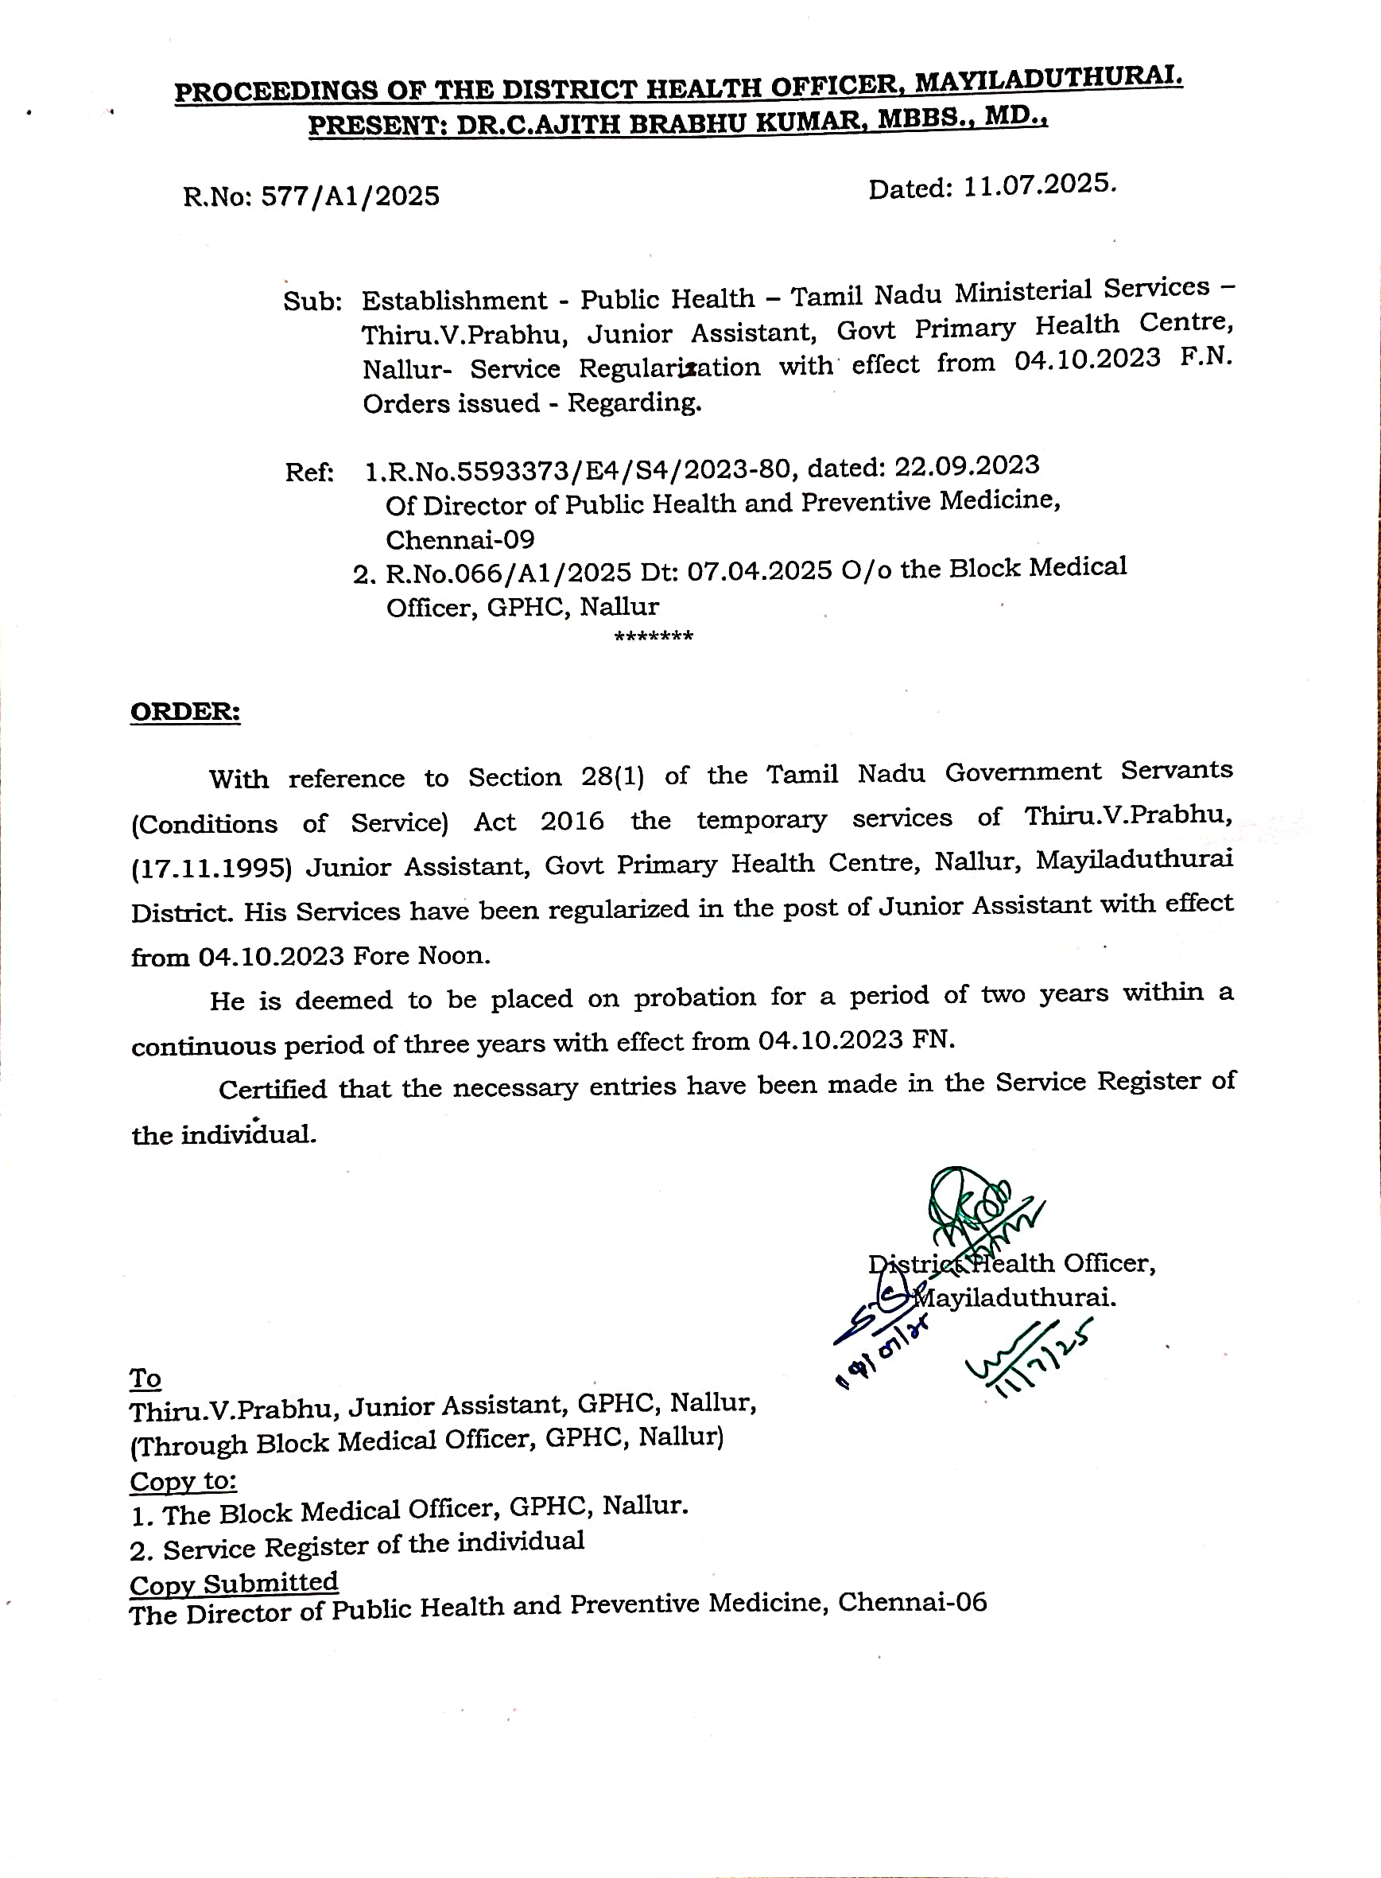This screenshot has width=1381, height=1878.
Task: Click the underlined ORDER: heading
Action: [x=185, y=712]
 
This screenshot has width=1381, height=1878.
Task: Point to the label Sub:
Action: [x=312, y=301]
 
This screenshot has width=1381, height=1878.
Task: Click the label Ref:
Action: [x=309, y=472]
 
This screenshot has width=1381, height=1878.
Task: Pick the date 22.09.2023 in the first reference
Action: [x=968, y=466]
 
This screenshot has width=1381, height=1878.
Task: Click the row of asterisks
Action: [x=654, y=637]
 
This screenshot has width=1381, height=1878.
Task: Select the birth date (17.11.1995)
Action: [x=211, y=868]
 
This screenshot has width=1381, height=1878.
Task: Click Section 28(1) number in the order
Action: [x=613, y=776]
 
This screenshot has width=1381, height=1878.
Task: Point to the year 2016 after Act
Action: [x=572, y=821]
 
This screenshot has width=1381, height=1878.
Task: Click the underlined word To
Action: [x=145, y=1378]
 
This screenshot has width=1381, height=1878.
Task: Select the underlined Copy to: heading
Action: [x=183, y=1481]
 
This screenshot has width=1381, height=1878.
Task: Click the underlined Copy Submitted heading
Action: [x=234, y=1583]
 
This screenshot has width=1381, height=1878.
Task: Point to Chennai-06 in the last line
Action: [x=912, y=1602]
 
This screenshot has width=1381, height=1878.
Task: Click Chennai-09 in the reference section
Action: [x=460, y=540]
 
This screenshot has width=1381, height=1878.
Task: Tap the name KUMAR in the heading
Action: [x=797, y=120]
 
